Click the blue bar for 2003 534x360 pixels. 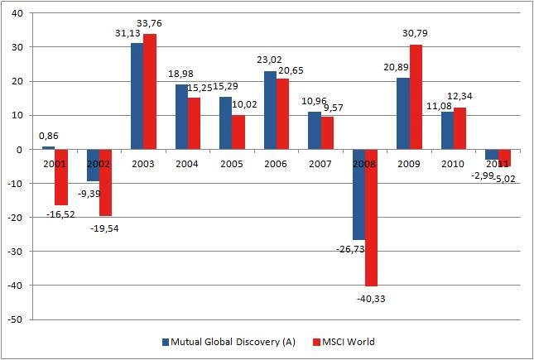click(137, 96)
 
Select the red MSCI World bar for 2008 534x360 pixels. click(373, 217)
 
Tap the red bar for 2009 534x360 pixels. click(416, 98)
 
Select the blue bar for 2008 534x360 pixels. click(359, 194)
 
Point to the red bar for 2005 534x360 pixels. click(238, 132)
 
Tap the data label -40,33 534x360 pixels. click(373, 295)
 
